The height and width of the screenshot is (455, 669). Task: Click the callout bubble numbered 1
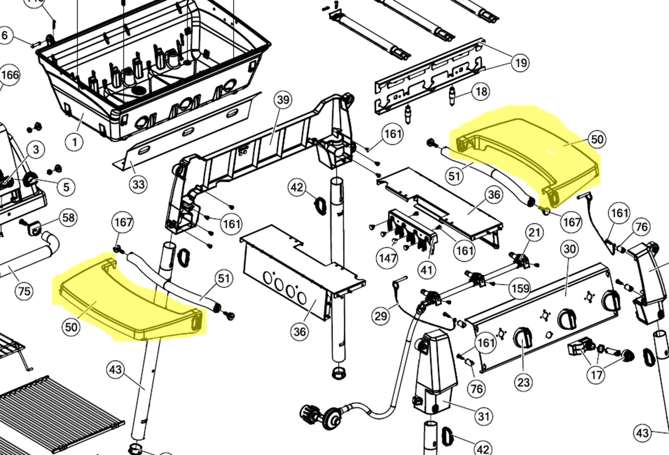tap(75, 141)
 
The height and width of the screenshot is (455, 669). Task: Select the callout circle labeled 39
tap(283, 100)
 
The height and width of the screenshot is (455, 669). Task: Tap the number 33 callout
tap(139, 185)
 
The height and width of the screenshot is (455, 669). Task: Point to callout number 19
tap(521, 63)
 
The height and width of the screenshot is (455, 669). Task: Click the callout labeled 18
tap(481, 92)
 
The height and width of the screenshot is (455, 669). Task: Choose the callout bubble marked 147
tap(388, 258)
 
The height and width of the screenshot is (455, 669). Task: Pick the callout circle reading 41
tap(427, 270)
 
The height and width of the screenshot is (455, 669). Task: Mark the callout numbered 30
tap(570, 249)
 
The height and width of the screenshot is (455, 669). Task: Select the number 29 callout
tap(381, 316)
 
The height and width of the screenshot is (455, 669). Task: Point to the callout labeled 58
tap(68, 218)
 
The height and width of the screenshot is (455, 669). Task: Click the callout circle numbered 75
tap(24, 291)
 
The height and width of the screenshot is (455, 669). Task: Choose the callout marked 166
tap(10, 75)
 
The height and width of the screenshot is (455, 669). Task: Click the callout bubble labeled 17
tap(597, 375)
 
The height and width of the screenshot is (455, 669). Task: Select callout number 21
tap(534, 232)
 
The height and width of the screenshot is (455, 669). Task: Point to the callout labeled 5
tap(66, 187)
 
